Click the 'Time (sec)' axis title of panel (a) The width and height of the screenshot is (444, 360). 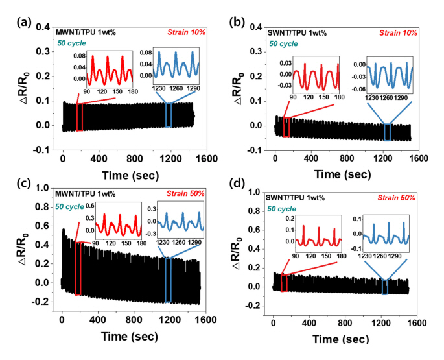pos(128,175)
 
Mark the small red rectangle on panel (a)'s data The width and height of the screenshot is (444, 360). pos(80,117)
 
